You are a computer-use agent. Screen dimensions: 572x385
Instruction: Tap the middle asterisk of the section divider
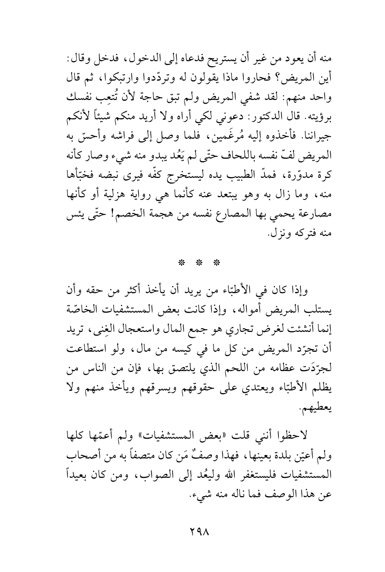pos(192,261)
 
